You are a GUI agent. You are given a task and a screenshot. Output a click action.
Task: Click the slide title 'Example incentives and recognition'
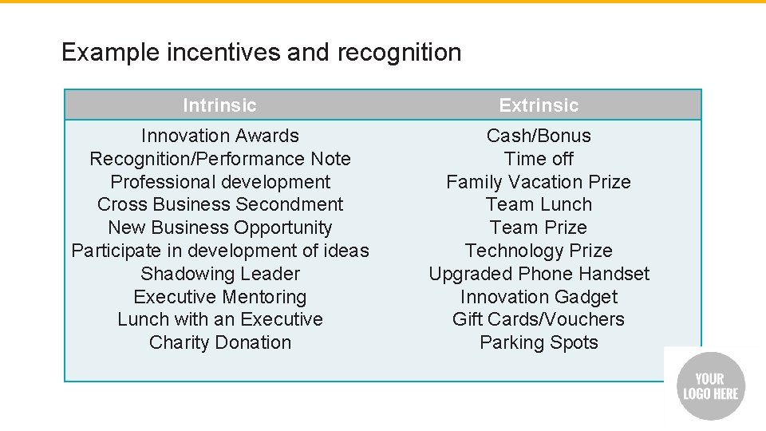click(x=261, y=53)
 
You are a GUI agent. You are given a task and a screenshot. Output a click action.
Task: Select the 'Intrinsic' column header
click(x=219, y=105)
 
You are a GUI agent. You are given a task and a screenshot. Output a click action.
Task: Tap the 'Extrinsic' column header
click(x=539, y=105)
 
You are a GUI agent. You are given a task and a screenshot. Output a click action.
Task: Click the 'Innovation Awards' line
click(x=219, y=136)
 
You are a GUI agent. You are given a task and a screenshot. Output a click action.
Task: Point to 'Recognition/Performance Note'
click(x=219, y=159)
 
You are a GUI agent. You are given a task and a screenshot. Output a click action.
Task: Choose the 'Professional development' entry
click(x=219, y=182)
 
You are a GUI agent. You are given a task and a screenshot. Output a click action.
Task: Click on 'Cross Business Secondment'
click(x=219, y=204)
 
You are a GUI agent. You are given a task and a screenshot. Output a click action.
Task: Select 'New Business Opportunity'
click(x=219, y=227)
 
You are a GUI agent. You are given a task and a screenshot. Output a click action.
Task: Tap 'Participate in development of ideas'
click(x=219, y=251)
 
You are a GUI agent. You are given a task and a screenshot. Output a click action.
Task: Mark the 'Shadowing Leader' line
click(x=219, y=274)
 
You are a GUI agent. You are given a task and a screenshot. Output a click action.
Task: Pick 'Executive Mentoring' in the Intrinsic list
click(x=219, y=297)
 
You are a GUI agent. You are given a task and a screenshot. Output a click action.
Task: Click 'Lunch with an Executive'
click(x=219, y=319)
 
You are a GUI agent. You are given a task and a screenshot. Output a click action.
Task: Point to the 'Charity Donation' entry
click(x=219, y=342)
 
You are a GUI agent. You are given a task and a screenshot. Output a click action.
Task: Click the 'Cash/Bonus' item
click(x=539, y=136)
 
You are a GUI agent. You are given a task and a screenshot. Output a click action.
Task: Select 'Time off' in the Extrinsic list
click(x=539, y=159)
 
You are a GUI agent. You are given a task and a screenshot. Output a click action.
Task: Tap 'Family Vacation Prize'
click(x=539, y=182)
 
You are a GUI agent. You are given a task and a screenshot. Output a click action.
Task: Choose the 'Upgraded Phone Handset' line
click(x=539, y=274)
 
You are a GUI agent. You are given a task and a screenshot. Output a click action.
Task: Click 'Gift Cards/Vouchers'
click(x=539, y=319)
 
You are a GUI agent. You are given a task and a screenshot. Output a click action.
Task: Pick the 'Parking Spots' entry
click(x=539, y=342)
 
